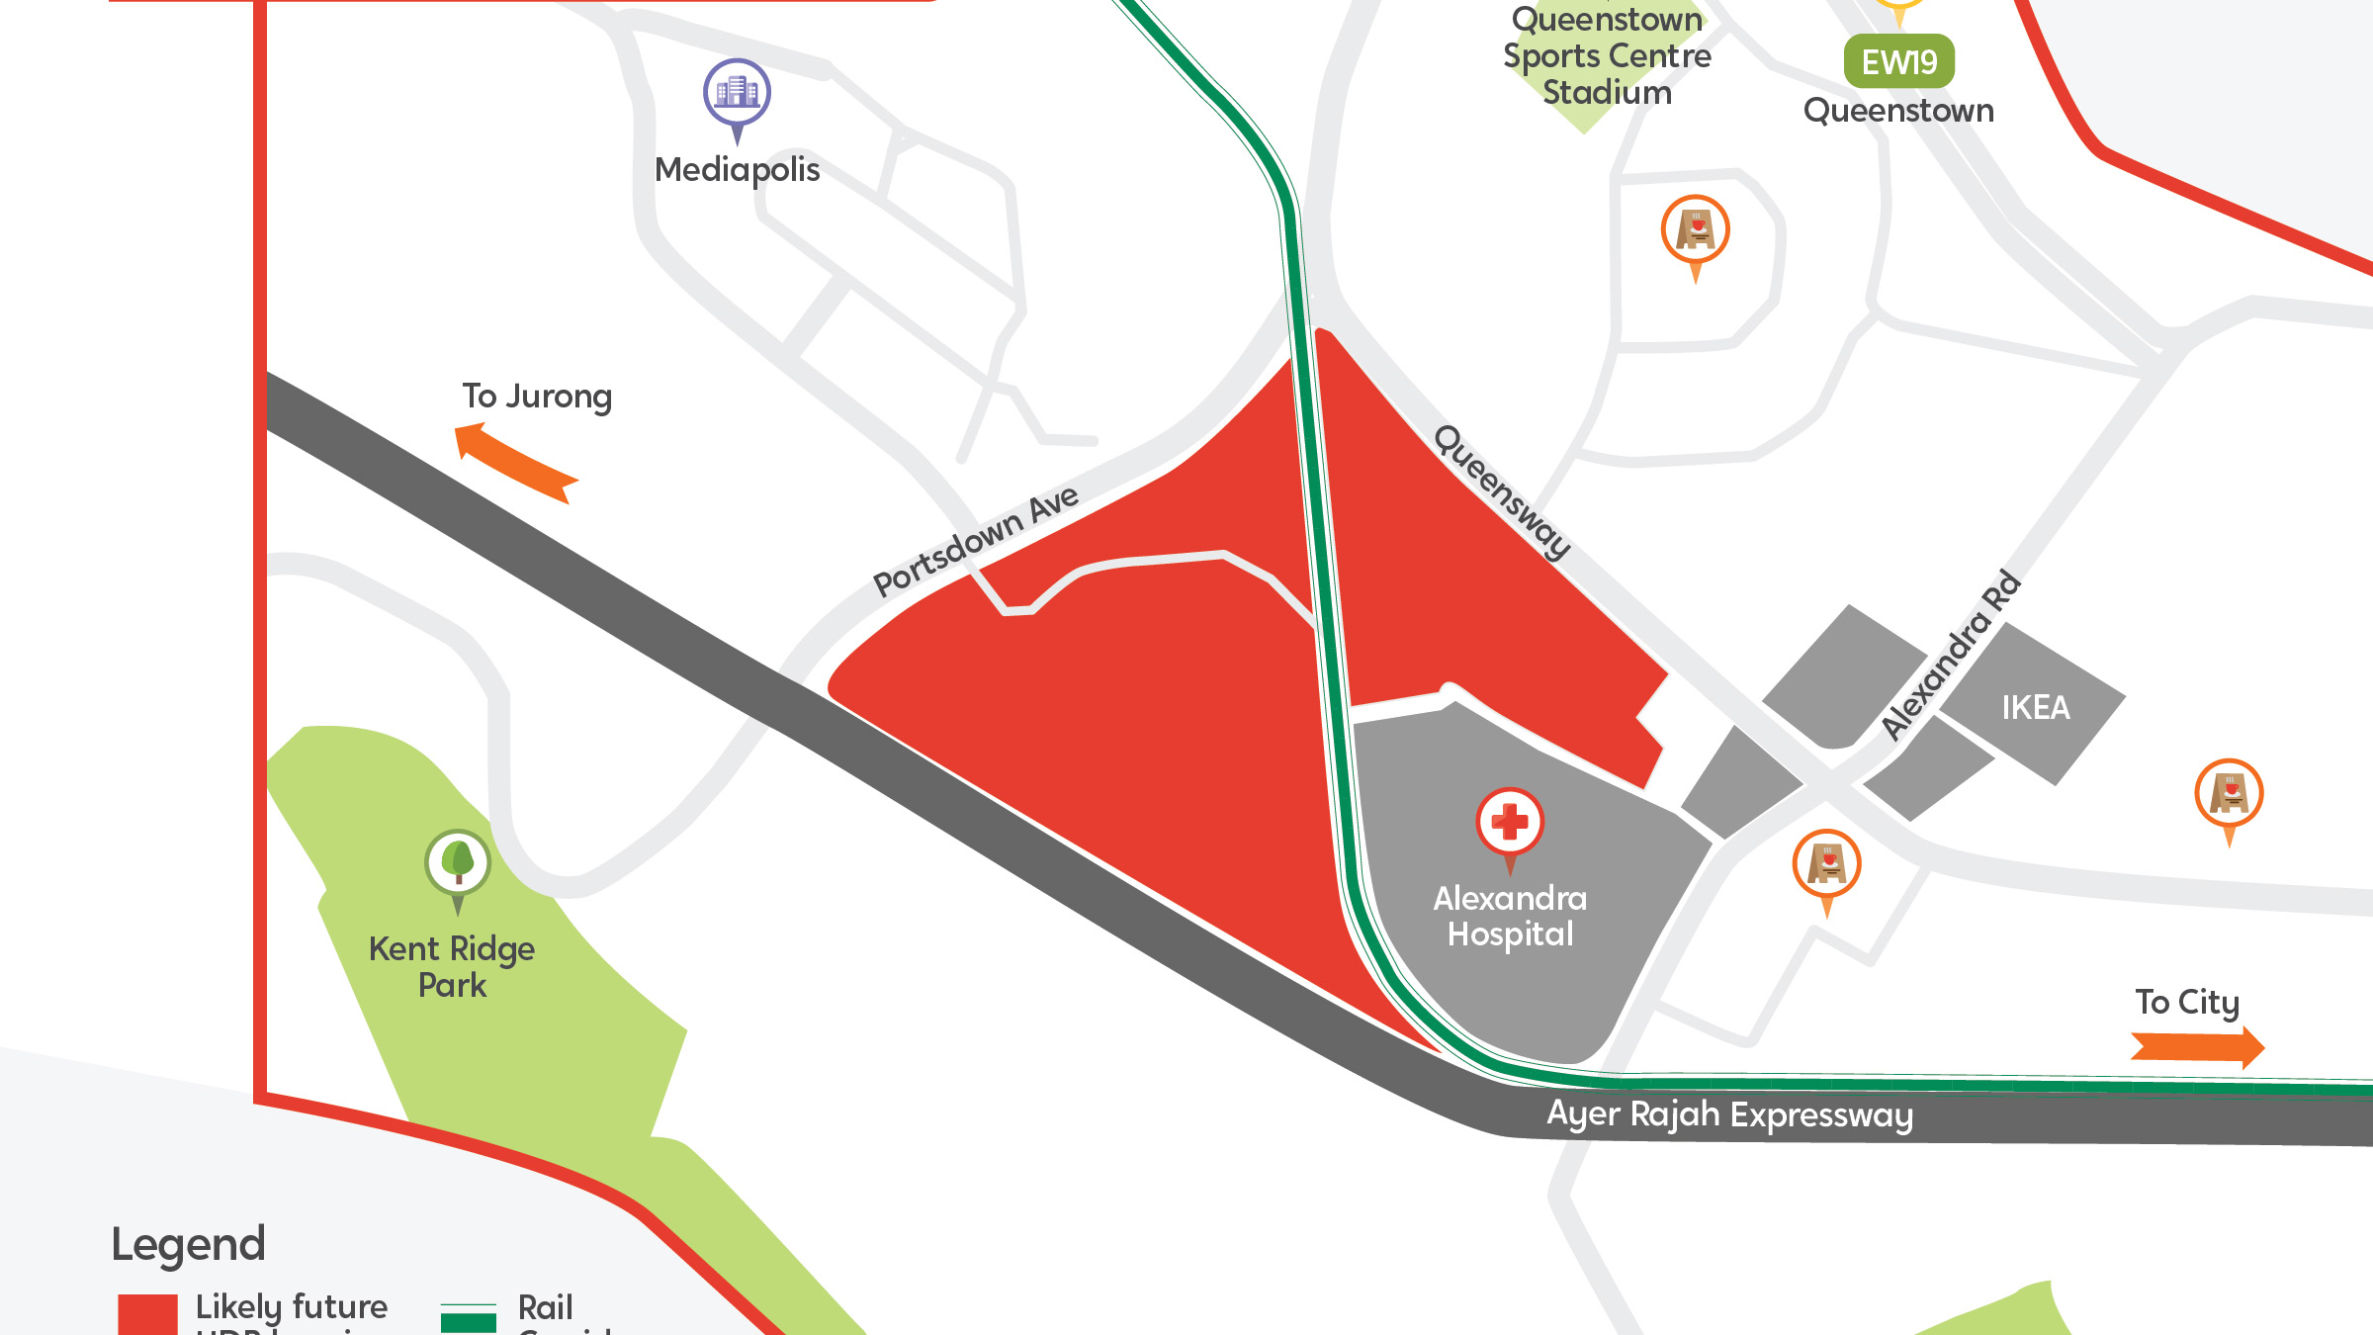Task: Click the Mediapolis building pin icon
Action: [737, 93]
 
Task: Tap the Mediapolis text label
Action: [737, 170]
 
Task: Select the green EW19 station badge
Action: [1898, 62]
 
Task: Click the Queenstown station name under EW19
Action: [1898, 111]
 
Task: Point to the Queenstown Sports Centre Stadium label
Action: [1607, 56]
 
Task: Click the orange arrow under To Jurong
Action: [515, 461]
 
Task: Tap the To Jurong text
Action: [537, 397]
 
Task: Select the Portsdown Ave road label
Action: [975, 541]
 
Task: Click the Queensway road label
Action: [1502, 491]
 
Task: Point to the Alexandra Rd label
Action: [1951, 655]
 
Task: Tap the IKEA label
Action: [2035, 708]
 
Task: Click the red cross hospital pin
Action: [1510, 822]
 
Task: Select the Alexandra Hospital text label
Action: [1510, 916]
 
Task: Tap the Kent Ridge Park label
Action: [452, 967]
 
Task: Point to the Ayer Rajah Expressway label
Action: [1729, 1114]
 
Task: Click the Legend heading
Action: [188, 1244]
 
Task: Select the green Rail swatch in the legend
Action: [468, 1320]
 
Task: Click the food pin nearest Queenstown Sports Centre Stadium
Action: [1696, 230]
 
